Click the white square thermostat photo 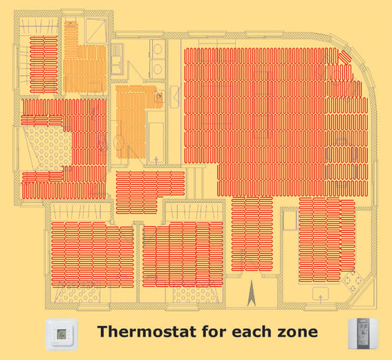point(62,334)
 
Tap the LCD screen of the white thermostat point(62,334)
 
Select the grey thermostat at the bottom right point(363,334)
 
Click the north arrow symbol point(251,294)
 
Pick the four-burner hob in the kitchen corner point(353,281)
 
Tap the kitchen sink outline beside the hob point(321,293)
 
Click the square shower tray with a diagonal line point(95,31)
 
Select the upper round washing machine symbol point(158,49)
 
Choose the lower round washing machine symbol point(158,68)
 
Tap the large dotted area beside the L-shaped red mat point(49,149)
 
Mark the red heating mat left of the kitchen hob point(327,240)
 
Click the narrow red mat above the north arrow point(252,234)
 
